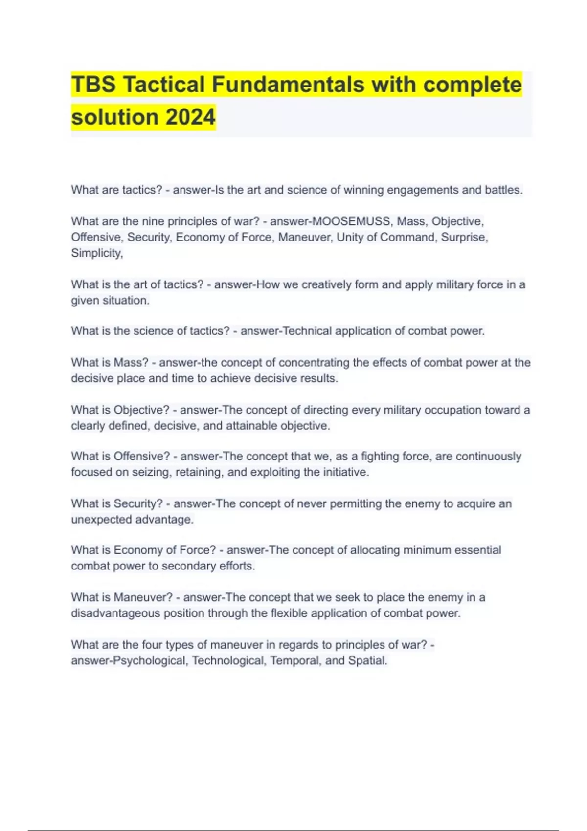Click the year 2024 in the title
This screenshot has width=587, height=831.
[190, 117]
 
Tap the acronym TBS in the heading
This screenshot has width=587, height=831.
[93, 85]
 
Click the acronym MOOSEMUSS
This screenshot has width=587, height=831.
[351, 221]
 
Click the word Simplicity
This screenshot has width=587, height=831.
[96, 253]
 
